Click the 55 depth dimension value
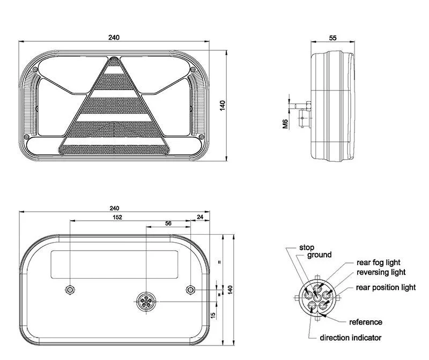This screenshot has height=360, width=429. tap(332, 37)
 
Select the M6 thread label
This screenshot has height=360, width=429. tap(285, 124)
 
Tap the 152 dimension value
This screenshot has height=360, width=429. tap(117, 217)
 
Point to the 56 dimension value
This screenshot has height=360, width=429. tap(168, 223)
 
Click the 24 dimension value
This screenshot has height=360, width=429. tap(200, 217)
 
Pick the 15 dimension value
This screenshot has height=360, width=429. tap(213, 315)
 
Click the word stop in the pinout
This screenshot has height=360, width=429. tap(306, 247)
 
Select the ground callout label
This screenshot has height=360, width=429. tap(319, 255)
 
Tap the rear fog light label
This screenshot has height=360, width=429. tap(379, 262)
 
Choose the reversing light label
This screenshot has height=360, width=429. tap(381, 272)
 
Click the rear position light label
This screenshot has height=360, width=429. tap(386, 288)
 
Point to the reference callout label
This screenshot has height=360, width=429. tap(366, 322)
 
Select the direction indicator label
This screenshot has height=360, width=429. tap(351, 337)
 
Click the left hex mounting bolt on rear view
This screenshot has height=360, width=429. tap(70, 289)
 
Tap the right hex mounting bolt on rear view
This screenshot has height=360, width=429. tap(190, 289)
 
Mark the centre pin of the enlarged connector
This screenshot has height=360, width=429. tap(317, 297)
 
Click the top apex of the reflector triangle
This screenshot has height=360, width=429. tap(113, 57)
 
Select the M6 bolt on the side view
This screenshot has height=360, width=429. tap(302, 106)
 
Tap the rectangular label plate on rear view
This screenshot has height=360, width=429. tap(115, 265)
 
